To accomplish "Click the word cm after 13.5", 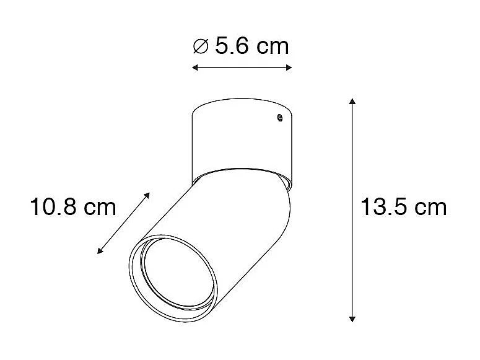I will (429, 207).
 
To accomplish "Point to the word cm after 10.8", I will (99, 207).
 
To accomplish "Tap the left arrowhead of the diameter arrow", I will (194, 67).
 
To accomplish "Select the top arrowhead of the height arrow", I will (352, 101).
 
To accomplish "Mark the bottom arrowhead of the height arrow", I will (352, 318).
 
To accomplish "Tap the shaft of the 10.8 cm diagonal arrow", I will (124, 223).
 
